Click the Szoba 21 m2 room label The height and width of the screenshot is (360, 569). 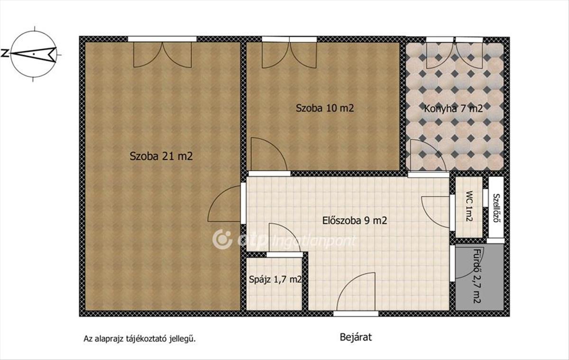tap(161, 156)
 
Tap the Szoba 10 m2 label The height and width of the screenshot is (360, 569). tap(325, 108)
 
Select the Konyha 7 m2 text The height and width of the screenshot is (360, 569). tap(453, 109)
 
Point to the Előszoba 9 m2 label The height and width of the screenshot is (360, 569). tap(355, 220)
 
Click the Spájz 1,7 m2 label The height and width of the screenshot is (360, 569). tap(275, 279)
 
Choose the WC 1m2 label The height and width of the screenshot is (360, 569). tap(469, 206)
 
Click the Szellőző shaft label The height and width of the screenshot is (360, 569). tap(496, 208)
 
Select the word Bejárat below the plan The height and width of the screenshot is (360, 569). tap(356, 337)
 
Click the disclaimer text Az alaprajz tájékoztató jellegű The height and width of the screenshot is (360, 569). tap(140, 339)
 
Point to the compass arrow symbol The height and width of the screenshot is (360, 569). tap(34, 54)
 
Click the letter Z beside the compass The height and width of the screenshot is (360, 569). tap(5, 53)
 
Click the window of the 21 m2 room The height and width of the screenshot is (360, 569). tap(162, 39)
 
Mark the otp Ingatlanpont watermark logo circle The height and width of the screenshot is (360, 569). tap(222, 240)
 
